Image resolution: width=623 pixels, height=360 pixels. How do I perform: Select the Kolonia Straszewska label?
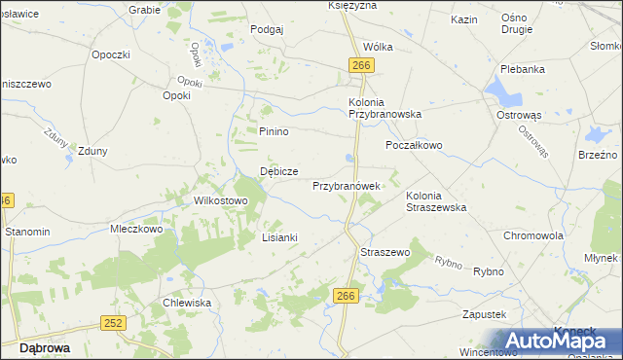(436, 201)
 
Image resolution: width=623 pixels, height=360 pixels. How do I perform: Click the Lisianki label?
(279, 236)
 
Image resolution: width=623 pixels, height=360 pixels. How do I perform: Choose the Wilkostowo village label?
(222, 200)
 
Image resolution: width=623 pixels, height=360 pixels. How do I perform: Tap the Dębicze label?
(278, 171)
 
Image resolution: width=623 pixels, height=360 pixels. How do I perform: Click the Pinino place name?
(275, 131)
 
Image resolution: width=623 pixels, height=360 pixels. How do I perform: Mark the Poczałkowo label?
(414, 145)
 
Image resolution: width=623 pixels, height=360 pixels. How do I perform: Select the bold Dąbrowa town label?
(43, 346)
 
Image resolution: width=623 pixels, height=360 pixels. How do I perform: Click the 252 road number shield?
(114, 322)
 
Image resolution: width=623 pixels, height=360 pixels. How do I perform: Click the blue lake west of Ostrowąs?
(505, 92)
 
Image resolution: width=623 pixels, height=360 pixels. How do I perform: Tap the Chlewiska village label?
(188, 303)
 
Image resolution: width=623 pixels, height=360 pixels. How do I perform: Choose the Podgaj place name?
(267, 29)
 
